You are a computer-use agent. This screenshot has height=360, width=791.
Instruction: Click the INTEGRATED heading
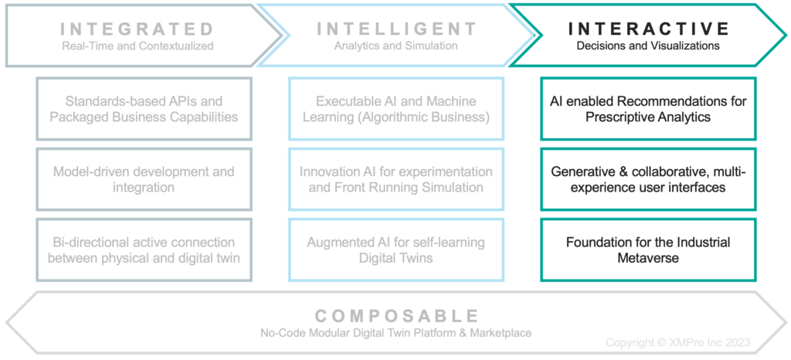137,29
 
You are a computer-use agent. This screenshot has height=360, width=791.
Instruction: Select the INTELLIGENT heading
397,29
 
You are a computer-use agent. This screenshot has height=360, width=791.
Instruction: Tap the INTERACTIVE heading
649,29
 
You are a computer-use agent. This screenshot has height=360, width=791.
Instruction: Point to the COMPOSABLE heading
395,316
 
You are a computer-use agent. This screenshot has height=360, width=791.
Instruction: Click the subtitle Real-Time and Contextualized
137,46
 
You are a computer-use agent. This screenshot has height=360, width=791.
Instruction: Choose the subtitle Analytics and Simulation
396,46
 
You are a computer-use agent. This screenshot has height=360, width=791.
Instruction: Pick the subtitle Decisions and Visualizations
648,46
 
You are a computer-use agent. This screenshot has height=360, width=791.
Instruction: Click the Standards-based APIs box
144,109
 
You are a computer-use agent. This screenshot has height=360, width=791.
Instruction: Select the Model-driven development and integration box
144,179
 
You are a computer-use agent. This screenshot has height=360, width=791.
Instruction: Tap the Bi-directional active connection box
144,250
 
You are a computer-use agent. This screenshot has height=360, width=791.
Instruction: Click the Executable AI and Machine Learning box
396,109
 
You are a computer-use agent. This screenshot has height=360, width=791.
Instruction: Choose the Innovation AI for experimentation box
396,179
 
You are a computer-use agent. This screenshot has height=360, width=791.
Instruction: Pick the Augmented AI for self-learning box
396,250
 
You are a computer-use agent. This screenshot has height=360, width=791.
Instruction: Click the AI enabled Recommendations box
648,109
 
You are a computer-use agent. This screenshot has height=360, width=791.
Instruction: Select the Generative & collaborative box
648,179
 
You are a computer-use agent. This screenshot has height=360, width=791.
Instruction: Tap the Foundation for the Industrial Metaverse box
648,250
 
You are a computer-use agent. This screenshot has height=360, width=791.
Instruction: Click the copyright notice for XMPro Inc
678,342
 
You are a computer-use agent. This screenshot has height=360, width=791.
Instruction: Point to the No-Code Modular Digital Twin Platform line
395,333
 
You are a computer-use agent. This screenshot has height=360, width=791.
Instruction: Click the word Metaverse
648,258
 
